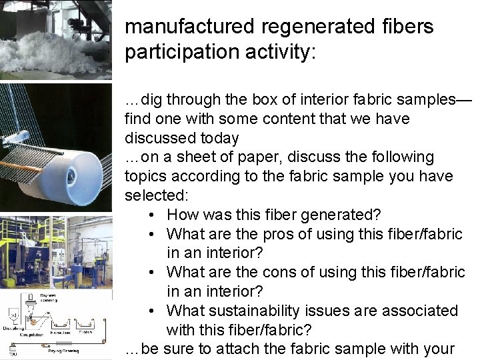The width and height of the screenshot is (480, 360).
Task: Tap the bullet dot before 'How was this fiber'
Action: click(x=153, y=215)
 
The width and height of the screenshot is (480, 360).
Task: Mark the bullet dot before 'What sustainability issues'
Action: click(x=153, y=311)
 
